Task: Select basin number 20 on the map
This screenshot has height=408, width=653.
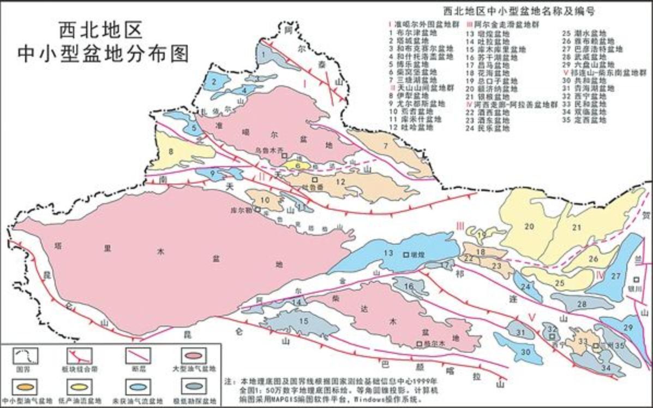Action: tap(528, 226)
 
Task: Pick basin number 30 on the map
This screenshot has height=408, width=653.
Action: tap(526, 352)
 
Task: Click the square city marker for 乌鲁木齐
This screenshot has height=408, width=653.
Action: tap(285, 156)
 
